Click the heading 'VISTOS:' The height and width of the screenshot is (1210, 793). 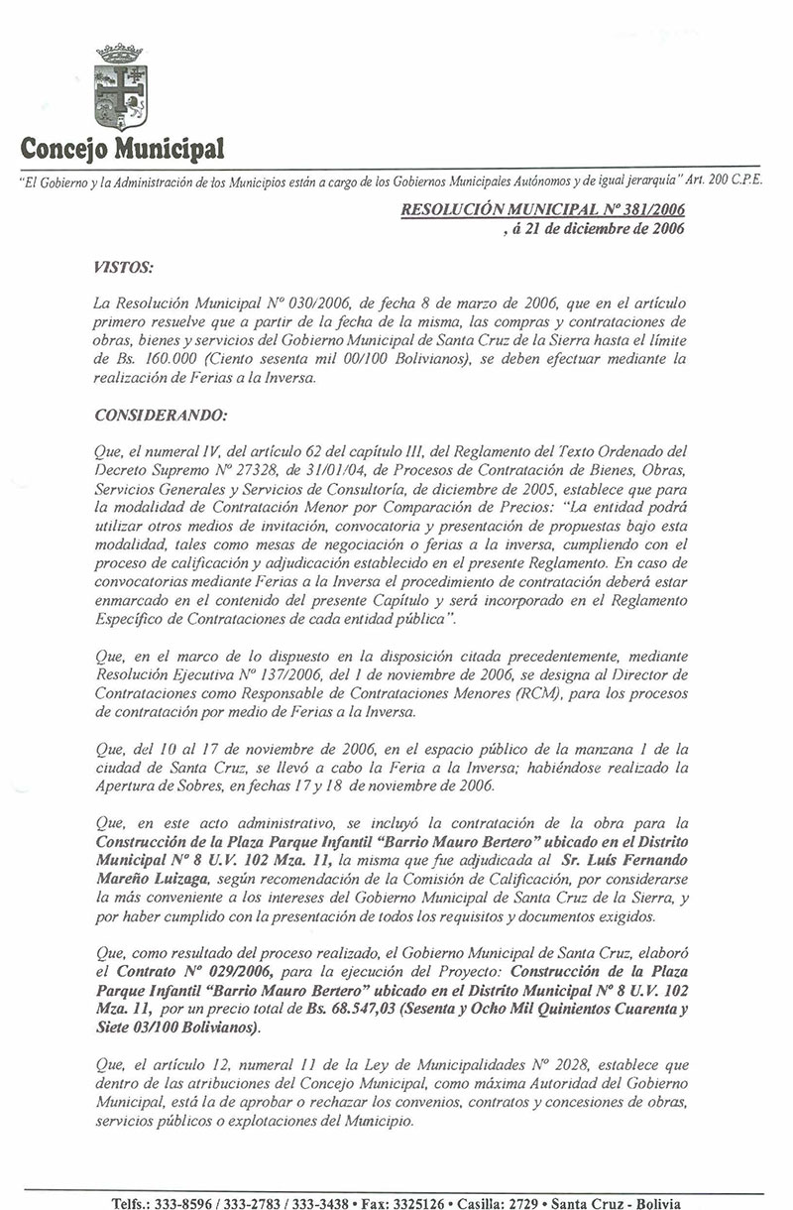122,268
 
